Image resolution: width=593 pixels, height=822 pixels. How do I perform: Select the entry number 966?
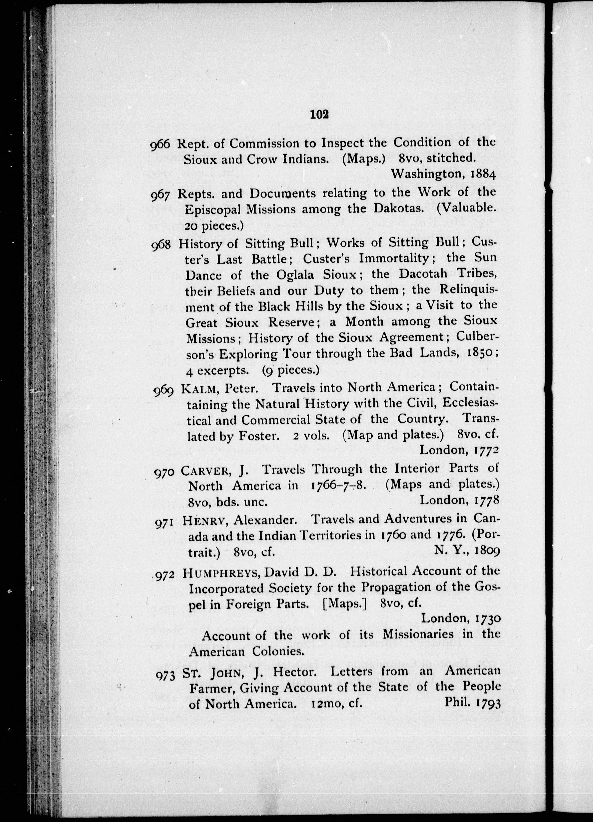160,144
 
